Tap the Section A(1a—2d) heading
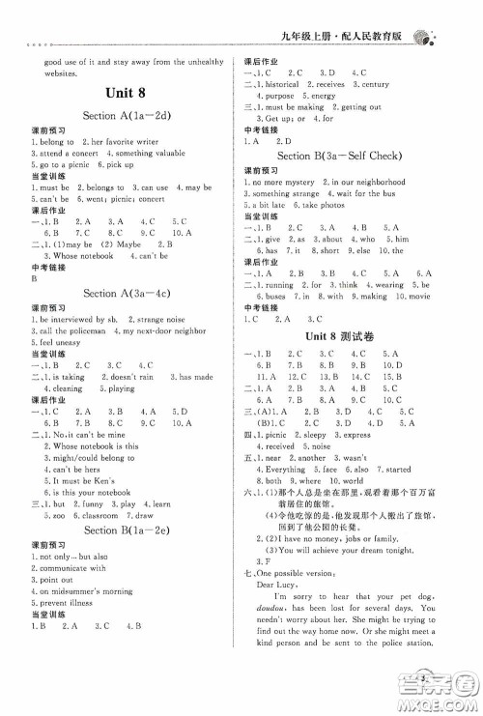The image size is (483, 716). point(128,117)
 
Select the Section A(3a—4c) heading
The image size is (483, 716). point(128,293)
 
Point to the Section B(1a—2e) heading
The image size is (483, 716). point(128,530)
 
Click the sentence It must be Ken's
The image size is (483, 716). point(79,480)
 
